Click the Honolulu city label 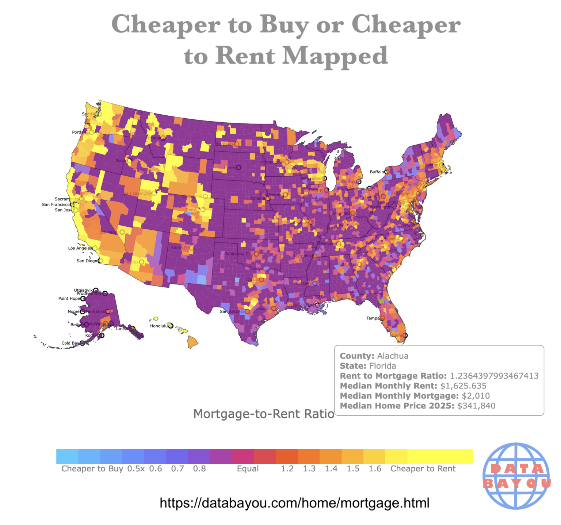159,326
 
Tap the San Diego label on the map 87,261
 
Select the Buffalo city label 377,172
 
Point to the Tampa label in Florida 373,318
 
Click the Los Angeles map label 80,248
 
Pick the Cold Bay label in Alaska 70,343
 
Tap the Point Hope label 69,298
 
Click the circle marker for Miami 405,335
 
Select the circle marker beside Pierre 238,168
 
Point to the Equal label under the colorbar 248,468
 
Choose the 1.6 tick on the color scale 375,468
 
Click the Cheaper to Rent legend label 423,468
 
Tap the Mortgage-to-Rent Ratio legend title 264,414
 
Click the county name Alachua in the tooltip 393,356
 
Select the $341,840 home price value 476,406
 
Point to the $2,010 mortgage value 476,396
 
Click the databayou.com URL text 294,503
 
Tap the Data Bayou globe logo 516,476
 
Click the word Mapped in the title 335,56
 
